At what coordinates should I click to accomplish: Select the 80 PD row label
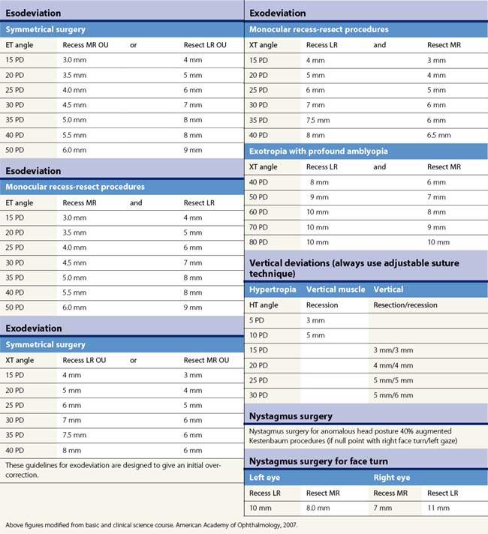[260, 242]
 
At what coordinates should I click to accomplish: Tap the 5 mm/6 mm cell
[393, 395]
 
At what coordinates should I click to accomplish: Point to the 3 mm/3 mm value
[393, 350]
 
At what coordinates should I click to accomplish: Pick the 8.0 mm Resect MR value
[319, 508]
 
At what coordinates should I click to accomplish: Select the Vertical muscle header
[336, 289]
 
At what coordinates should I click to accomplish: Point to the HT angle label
[263, 305]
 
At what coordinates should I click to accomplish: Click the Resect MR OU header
[203, 360]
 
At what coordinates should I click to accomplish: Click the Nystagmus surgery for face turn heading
[318, 461]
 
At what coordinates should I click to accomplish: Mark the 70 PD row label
[260, 227]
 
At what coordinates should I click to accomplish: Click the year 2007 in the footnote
[275, 525]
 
